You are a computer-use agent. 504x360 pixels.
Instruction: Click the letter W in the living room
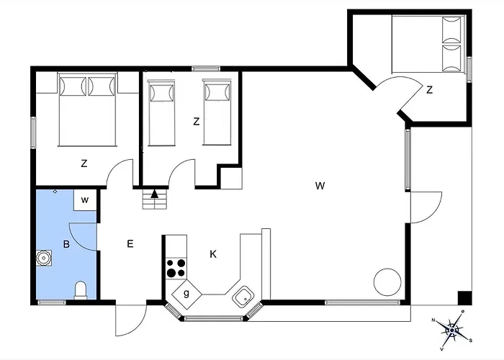click(320, 186)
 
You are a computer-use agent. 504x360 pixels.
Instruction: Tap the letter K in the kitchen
click(213, 254)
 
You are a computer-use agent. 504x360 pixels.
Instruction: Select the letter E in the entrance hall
click(130, 243)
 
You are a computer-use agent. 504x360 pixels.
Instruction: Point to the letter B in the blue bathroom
click(66, 244)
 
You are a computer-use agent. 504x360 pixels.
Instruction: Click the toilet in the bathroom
click(81, 290)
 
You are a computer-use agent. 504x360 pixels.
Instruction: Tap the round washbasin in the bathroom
click(43, 258)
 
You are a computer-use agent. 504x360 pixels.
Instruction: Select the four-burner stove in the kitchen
click(176, 269)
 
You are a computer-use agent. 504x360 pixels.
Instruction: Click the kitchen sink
click(243, 297)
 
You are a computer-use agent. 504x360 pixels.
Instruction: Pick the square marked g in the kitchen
click(186, 294)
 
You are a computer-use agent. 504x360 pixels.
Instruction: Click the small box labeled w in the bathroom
click(85, 200)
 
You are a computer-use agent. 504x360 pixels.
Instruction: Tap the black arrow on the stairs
click(155, 194)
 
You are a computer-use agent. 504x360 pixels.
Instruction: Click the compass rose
click(452, 330)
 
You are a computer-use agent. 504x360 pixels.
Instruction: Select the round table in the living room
click(387, 282)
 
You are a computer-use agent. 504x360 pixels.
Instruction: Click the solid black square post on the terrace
click(464, 297)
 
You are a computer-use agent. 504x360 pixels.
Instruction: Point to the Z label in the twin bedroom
click(196, 122)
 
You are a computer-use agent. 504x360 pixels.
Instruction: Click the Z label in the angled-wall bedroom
click(429, 90)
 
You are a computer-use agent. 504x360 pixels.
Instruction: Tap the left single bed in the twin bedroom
click(161, 113)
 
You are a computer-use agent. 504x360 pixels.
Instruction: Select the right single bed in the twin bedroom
click(217, 112)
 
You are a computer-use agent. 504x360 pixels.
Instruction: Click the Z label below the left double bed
click(84, 163)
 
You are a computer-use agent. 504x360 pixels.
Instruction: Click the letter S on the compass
click(471, 341)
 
